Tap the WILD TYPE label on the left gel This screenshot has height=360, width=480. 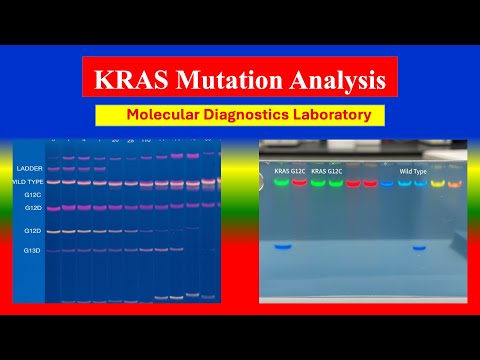tap(26, 181)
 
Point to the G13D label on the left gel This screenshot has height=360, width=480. tap(32, 250)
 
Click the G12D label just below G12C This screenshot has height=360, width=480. tap(32, 208)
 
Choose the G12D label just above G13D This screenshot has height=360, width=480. tap(32, 231)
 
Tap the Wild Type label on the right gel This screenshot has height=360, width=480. tap(413, 172)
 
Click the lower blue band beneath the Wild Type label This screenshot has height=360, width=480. tap(420, 246)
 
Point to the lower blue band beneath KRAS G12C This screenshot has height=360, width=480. tap(284, 246)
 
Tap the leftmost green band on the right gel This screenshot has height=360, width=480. tap(282, 184)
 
